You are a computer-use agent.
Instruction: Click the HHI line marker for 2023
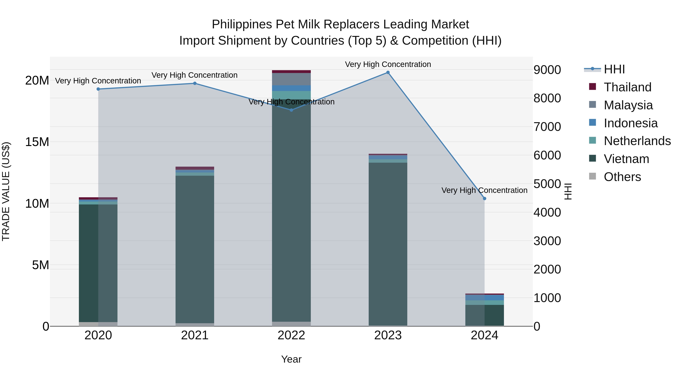(x=388, y=72)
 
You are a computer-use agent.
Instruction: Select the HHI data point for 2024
(x=484, y=199)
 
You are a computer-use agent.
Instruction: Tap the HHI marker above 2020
(x=98, y=89)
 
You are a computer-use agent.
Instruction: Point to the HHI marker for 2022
(x=291, y=110)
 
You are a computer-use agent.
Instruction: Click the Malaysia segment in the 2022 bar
(x=291, y=79)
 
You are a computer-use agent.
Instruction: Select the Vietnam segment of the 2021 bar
(x=195, y=249)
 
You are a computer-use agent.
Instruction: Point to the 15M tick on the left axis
(x=37, y=142)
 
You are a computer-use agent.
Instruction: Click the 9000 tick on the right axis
(x=547, y=70)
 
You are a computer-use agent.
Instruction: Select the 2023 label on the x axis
(x=388, y=335)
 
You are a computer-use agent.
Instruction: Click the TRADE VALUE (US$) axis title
(x=6, y=191)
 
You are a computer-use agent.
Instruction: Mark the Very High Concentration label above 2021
(x=195, y=75)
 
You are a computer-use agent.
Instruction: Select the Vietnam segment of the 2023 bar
(x=388, y=243)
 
